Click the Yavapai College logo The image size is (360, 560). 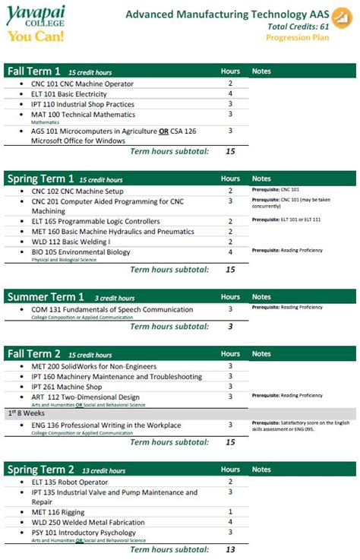click(35, 22)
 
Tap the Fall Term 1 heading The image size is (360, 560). click(33, 71)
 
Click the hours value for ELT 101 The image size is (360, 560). click(230, 94)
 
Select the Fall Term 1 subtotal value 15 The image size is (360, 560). click(230, 151)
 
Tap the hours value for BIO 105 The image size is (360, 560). click(230, 252)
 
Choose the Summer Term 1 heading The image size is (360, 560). click(45, 297)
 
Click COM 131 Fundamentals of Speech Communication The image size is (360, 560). click(112, 309)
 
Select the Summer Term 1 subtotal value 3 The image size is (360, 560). click(230, 327)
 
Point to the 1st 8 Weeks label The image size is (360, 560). click(24, 412)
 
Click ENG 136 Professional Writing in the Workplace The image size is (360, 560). click(106, 425)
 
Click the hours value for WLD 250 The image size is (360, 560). click(230, 522)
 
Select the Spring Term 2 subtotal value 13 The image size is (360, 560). click(230, 549)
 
